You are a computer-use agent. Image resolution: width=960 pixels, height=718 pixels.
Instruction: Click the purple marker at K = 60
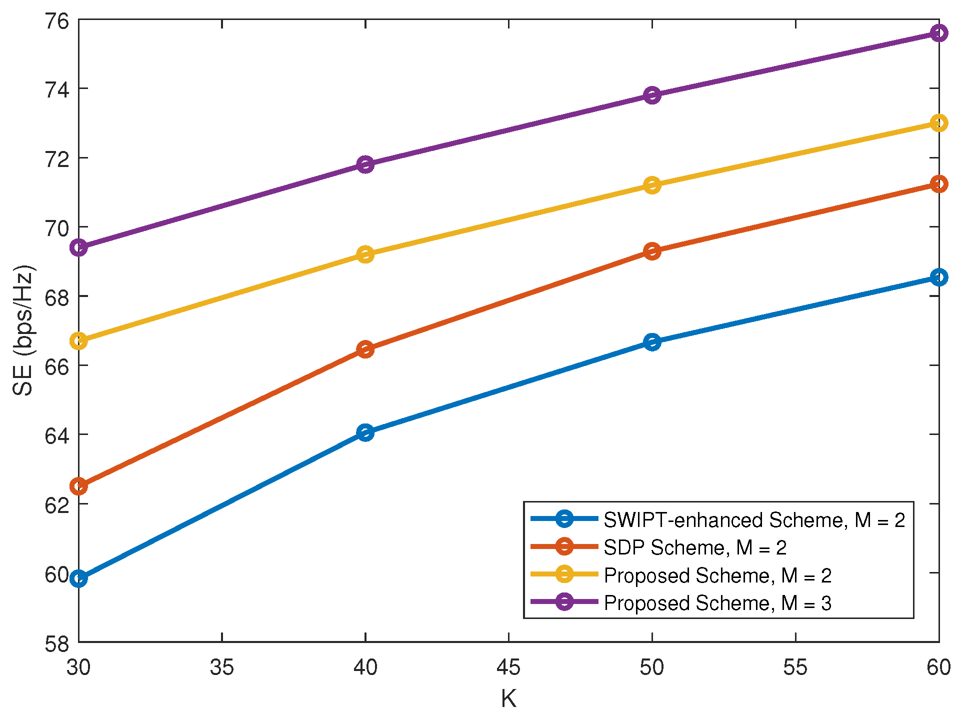938,33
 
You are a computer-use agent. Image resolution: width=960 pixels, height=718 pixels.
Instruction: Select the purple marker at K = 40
365,164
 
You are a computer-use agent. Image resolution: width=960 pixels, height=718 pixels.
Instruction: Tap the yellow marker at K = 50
652,185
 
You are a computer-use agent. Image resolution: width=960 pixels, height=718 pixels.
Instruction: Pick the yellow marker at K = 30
79,341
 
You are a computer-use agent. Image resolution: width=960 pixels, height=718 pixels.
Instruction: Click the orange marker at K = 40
365,349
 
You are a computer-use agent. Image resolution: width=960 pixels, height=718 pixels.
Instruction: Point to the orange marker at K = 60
938,184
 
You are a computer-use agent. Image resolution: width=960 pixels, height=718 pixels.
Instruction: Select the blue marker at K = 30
79,579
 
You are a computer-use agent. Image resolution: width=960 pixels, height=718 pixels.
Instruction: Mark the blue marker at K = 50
652,342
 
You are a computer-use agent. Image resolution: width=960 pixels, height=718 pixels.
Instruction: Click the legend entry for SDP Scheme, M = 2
695,547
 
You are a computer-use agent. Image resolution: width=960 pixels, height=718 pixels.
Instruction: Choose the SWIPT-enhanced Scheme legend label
754,520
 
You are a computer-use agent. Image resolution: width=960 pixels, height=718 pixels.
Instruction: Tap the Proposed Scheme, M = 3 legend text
717,603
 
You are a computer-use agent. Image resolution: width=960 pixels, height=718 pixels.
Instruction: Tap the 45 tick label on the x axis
508,668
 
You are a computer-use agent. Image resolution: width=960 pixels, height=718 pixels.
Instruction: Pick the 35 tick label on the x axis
222,668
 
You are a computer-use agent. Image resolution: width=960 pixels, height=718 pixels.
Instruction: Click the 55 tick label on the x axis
795,668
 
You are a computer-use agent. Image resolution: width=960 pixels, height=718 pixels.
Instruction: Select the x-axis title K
508,699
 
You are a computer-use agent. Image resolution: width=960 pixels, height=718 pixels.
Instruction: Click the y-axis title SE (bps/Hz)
23,330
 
